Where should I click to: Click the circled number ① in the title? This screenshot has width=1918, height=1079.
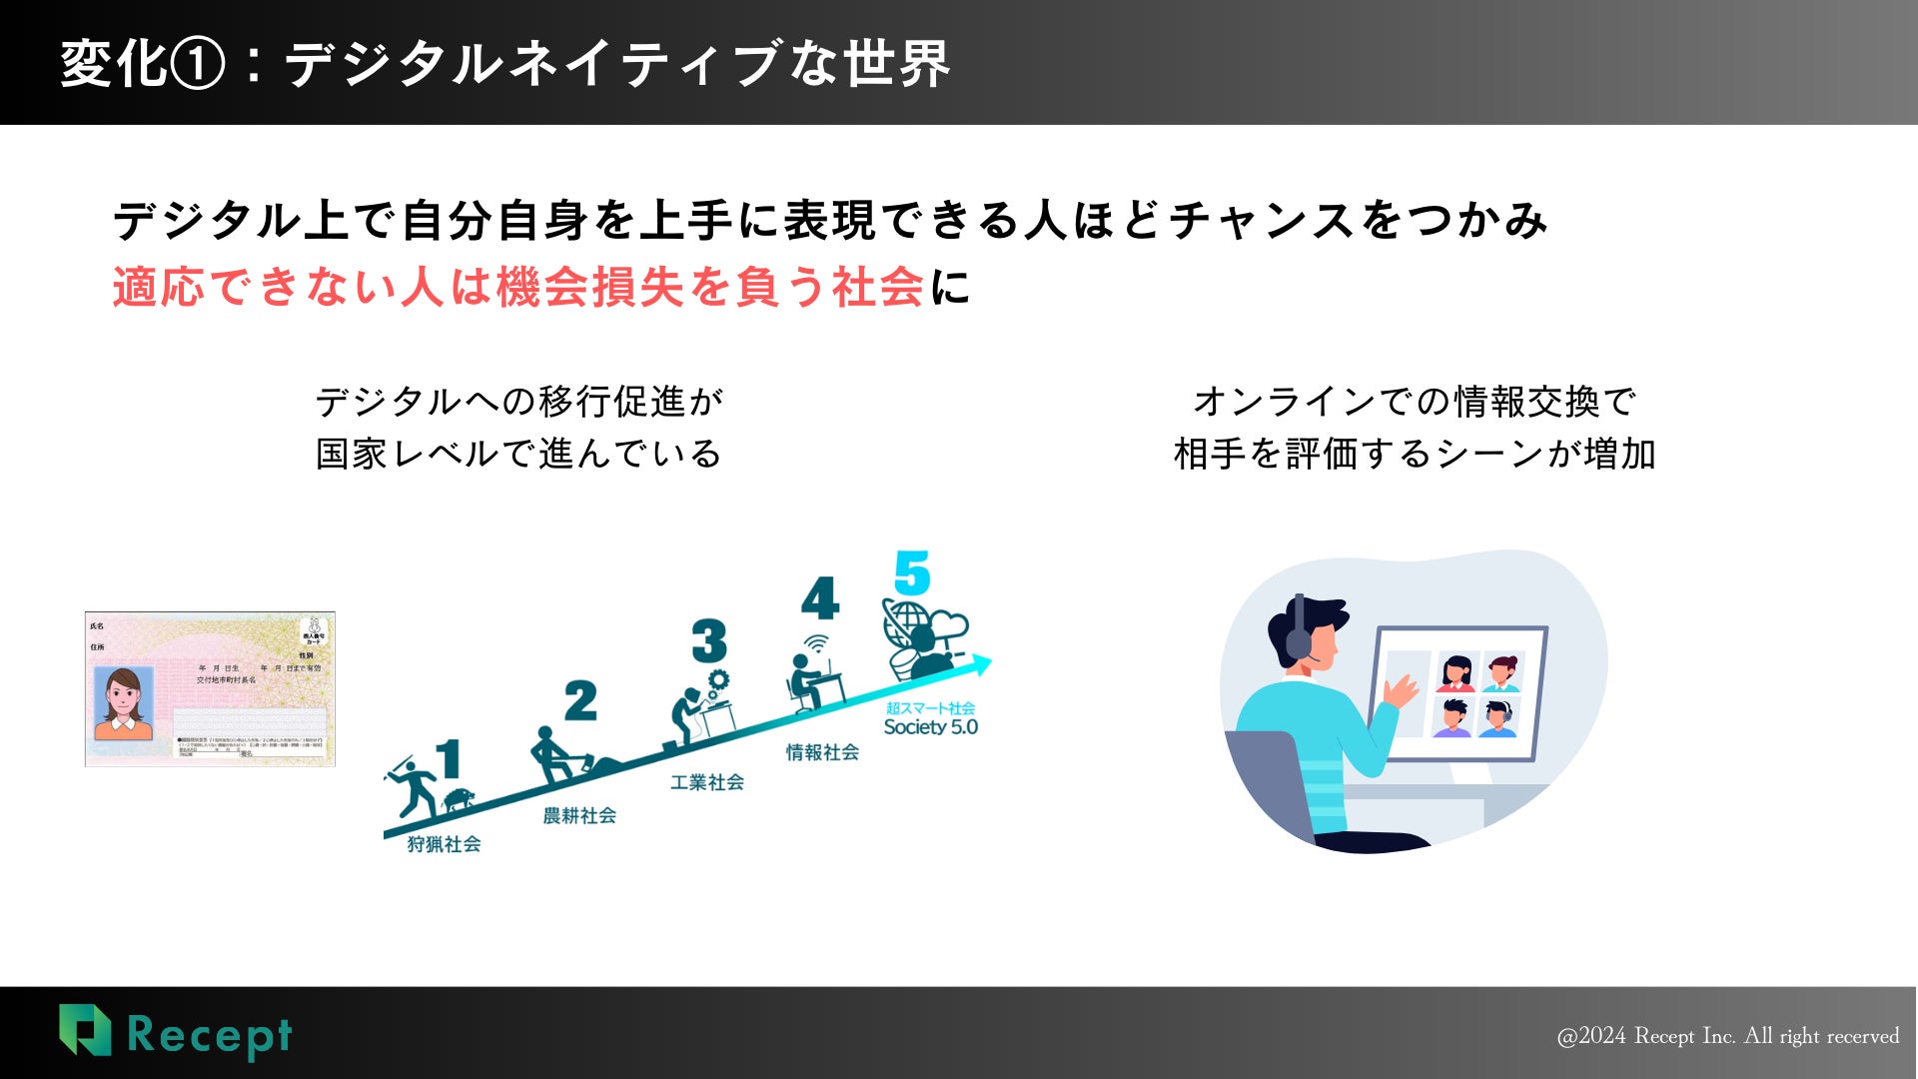198,64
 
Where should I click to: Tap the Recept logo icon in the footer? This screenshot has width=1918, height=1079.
85,1030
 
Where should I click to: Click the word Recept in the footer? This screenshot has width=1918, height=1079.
210,1036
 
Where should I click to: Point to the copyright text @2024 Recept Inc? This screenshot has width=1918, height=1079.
1727,1036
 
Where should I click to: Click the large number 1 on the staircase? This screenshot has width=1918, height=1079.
449,758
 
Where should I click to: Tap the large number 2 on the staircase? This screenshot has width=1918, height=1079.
580,701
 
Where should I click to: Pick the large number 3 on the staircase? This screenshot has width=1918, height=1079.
709,641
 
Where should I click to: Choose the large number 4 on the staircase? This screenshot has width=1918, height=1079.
820,599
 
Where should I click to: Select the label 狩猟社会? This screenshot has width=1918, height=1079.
444,844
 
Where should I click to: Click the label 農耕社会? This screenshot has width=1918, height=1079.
579,815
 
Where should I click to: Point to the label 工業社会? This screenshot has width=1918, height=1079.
707,782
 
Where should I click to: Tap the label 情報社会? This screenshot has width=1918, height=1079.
822,752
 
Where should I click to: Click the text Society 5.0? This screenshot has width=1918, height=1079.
930,727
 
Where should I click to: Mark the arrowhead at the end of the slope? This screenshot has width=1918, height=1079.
981,663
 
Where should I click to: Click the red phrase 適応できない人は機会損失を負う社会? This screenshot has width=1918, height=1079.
517,287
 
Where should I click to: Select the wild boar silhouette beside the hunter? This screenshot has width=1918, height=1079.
460,799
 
